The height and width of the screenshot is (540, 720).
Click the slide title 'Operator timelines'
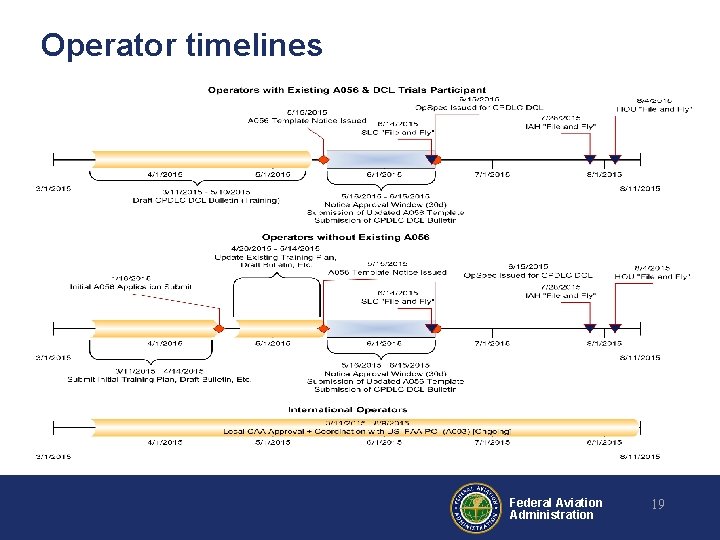coord(181,45)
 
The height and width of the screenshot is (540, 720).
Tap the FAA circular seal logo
coord(476,508)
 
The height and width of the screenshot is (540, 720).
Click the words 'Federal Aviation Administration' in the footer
coord(555,509)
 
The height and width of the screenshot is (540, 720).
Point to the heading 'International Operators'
coord(347,409)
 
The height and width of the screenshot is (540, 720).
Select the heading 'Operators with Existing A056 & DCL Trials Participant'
coord(347,90)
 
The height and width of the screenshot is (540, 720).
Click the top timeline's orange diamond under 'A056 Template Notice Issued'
coord(323,159)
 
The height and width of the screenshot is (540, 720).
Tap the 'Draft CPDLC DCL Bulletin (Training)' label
coord(207,200)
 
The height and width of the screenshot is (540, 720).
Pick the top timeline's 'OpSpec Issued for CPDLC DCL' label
coord(479,107)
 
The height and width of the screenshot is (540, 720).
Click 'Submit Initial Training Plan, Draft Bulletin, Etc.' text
coord(158,379)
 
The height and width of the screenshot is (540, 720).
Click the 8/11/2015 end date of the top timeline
coord(639,188)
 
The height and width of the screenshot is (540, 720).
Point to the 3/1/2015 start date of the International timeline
coord(53,456)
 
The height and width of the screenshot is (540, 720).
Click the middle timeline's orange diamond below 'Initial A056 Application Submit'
coord(220,326)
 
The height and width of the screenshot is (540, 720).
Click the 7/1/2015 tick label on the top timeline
coord(494,174)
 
